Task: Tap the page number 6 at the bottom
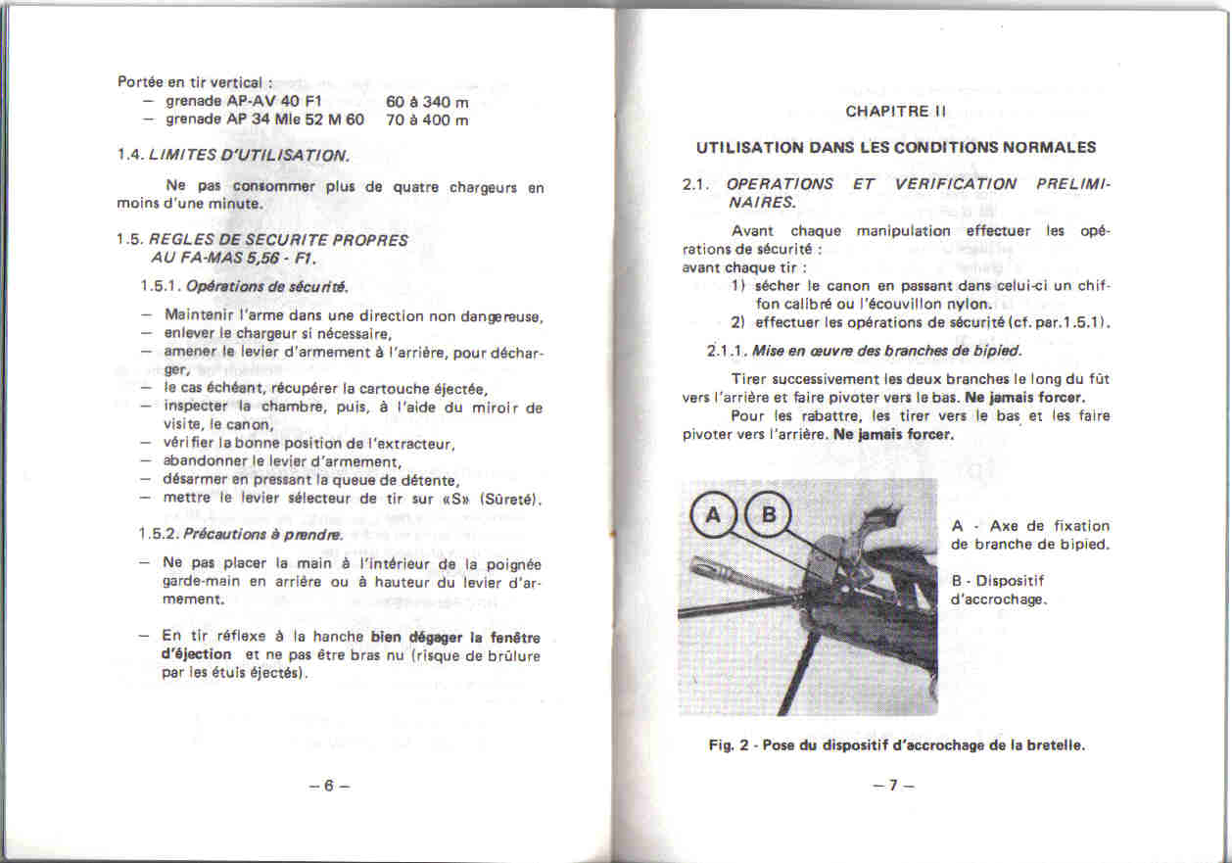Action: [329, 785]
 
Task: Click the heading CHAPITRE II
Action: [895, 112]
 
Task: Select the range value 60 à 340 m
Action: [427, 102]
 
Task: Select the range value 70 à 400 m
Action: [427, 120]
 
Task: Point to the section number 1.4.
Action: [130, 155]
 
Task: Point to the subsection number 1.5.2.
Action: [159, 535]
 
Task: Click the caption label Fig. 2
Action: [728, 745]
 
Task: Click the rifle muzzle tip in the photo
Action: [693, 562]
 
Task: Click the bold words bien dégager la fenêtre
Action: [456, 637]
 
